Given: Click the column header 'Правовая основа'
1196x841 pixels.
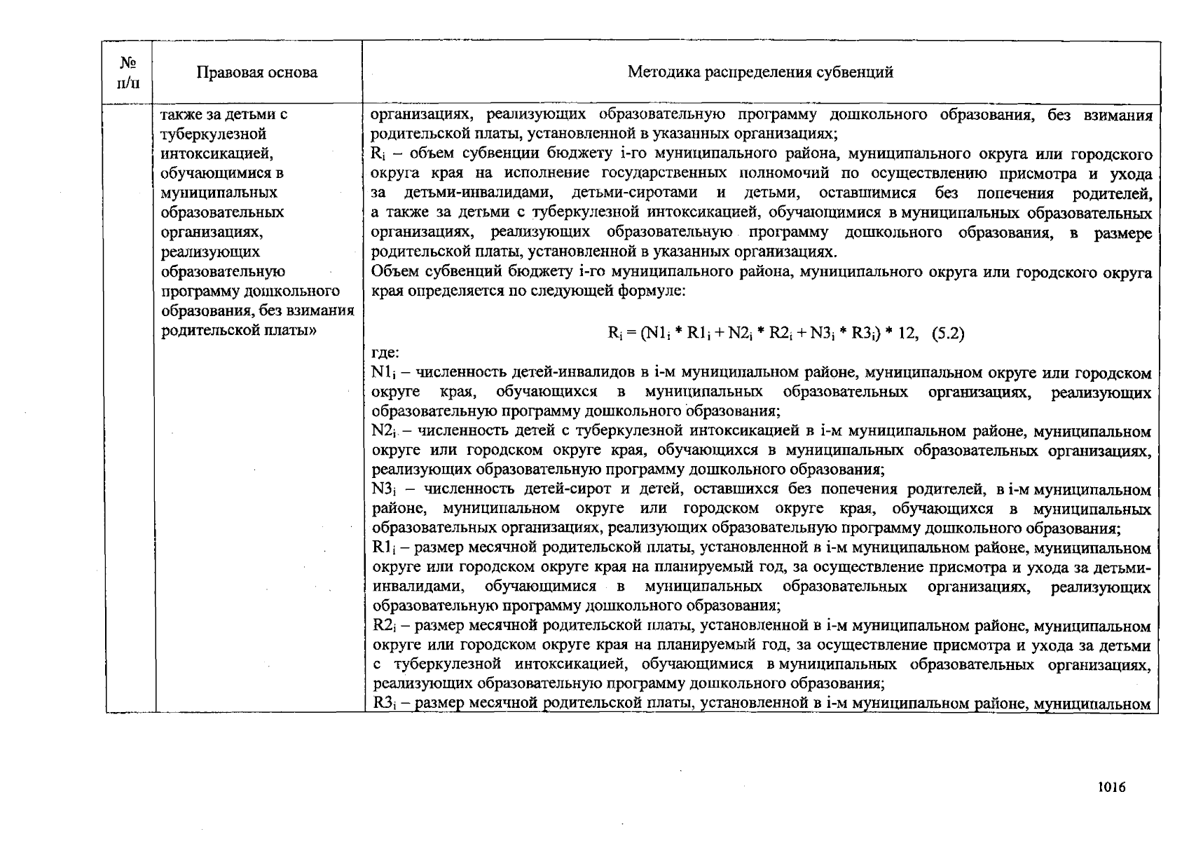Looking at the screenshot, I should (x=256, y=72).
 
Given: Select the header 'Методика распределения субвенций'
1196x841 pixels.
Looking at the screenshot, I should (x=760, y=72).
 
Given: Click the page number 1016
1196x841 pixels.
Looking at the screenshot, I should (x=1111, y=787).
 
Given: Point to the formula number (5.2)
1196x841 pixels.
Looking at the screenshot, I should (x=948, y=334).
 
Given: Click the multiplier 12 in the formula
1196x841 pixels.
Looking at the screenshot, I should (x=907, y=334).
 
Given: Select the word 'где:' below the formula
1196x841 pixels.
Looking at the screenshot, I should (x=385, y=353).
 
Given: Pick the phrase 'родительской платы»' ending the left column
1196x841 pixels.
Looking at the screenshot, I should (x=239, y=330).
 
